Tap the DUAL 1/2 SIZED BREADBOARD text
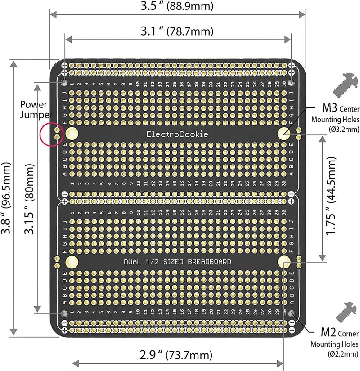click(x=178, y=262)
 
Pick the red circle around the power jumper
click(x=51, y=134)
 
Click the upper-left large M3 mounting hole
click(x=72, y=133)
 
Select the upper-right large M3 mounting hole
click(x=284, y=133)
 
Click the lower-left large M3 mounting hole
click(x=72, y=263)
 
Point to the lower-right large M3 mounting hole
click(x=284, y=263)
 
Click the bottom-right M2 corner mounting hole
click(x=292, y=313)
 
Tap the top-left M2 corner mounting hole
click(x=65, y=83)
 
